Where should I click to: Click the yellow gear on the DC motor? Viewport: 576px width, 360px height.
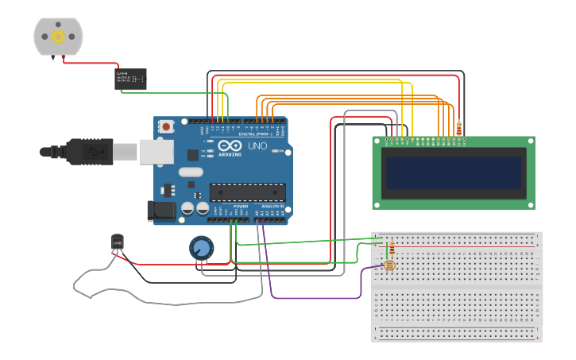(x=58, y=36)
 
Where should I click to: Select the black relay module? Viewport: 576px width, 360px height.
(x=130, y=78)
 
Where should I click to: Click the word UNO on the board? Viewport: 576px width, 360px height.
(x=257, y=147)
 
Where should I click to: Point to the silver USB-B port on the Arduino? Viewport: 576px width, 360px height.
(x=157, y=151)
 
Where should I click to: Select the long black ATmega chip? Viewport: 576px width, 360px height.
(x=247, y=192)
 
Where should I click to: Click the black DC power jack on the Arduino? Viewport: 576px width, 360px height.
(x=160, y=211)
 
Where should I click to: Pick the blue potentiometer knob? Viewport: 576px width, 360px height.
(x=202, y=248)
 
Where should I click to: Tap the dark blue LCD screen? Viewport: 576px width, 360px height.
(x=453, y=172)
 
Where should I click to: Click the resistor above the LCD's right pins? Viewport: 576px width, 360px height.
(x=458, y=129)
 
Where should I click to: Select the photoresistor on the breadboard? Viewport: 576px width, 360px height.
(x=389, y=265)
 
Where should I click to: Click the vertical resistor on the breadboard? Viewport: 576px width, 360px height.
(x=391, y=249)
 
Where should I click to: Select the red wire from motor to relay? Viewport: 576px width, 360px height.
(x=91, y=63)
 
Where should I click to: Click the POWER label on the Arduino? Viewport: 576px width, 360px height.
(x=240, y=206)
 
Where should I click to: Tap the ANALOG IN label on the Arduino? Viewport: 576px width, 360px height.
(x=273, y=206)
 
